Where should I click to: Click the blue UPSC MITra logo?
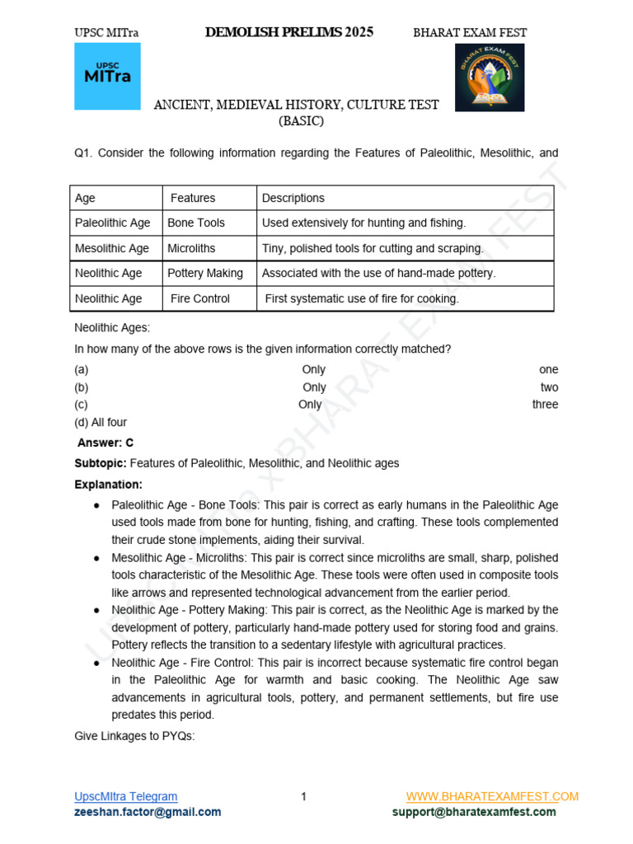click(x=107, y=76)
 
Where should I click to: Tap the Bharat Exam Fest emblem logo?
click(x=490, y=77)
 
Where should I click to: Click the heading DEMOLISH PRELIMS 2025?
click(x=288, y=32)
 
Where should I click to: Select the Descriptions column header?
click(x=293, y=198)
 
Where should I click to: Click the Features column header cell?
click(x=193, y=198)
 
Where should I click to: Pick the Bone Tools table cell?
click(x=196, y=223)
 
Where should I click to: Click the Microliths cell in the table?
click(x=191, y=248)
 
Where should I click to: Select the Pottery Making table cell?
click(x=205, y=273)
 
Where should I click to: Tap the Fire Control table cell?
click(x=200, y=298)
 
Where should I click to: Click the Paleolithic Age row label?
click(x=113, y=223)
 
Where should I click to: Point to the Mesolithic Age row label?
click(x=112, y=248)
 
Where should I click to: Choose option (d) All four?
click(x=101, y=422)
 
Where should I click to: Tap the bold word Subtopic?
click(x=101, y=463)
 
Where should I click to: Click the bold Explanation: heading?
click(x=109, y=484)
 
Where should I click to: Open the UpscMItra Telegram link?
click(x=125, y=796)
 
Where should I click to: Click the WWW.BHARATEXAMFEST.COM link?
click(x=492, y=796)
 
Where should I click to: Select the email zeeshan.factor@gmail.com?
click(x=148, y=812)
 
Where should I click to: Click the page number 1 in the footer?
click(x=303, y=796)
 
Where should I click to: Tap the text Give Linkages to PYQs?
click(x=134, y=736)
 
